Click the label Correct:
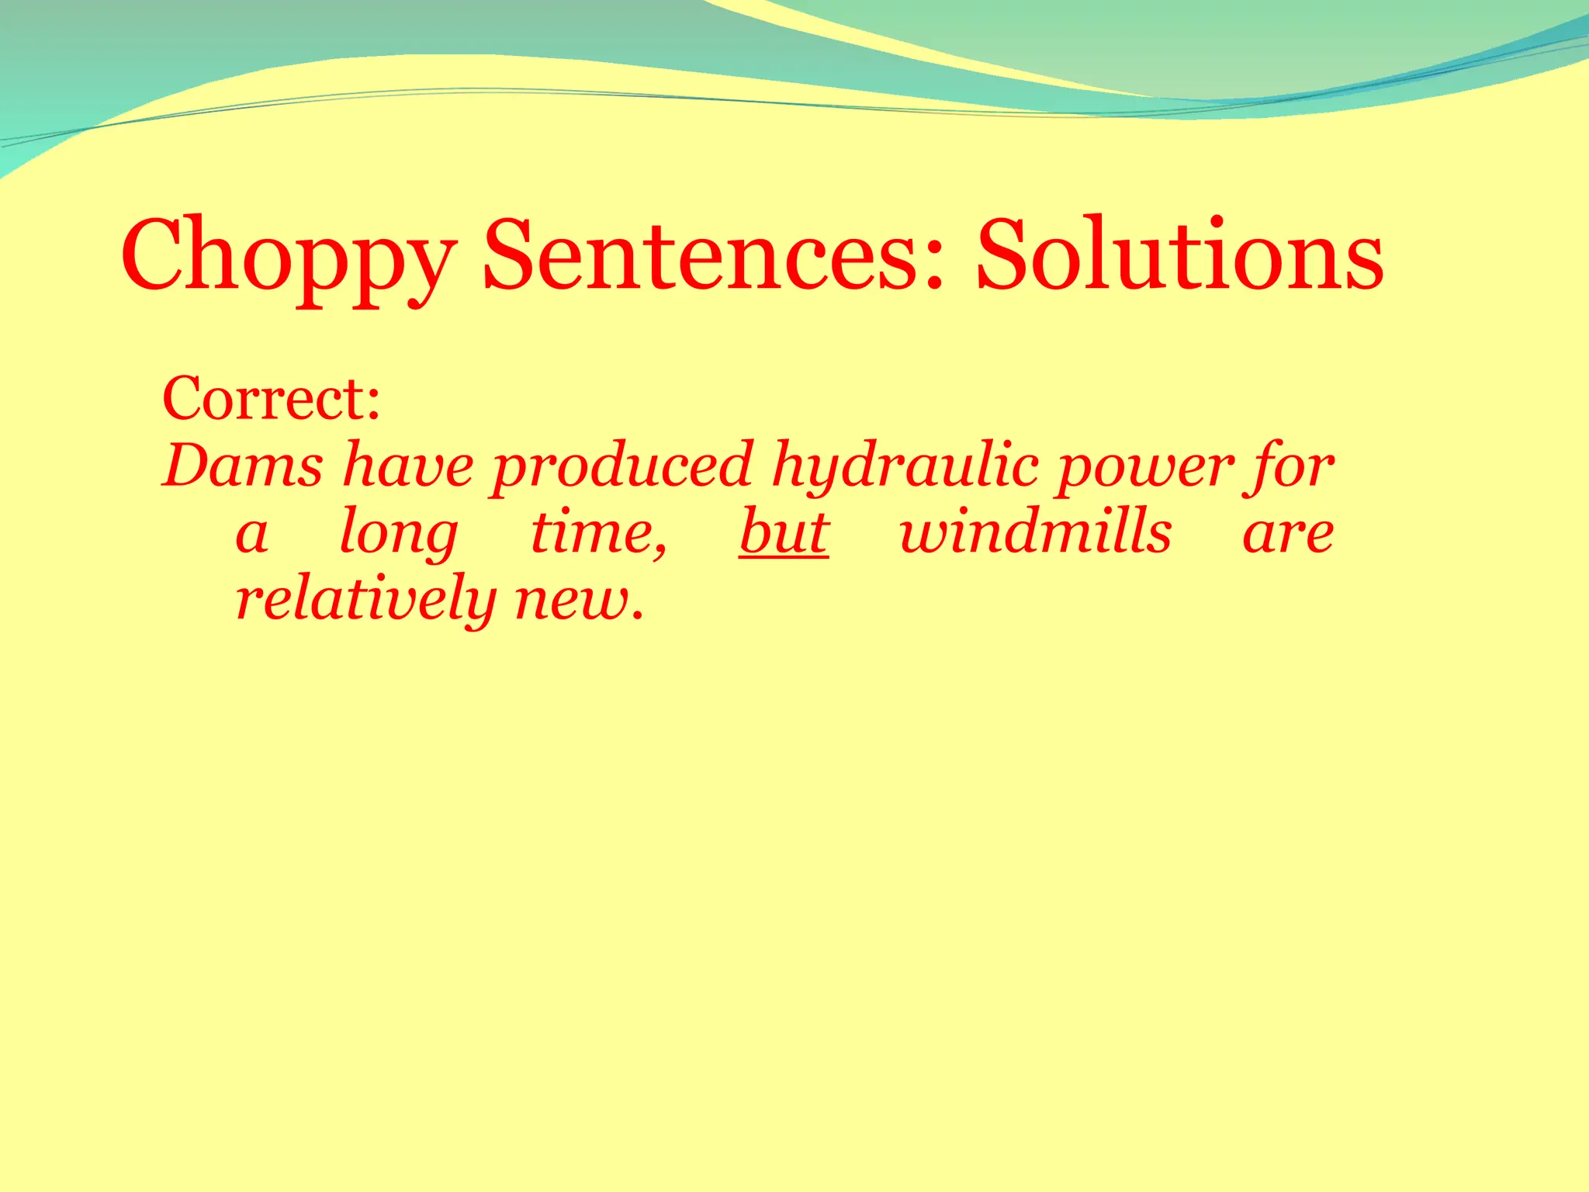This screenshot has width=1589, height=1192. (x=272, y=399)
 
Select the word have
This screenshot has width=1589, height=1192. (x=408, y=466)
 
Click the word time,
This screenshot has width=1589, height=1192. (x=598, y=534)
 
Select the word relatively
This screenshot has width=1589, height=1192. (x=365, y=599)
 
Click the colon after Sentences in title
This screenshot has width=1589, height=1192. (x=933, y=264)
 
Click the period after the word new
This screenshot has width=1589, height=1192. (x=638, y=618)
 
